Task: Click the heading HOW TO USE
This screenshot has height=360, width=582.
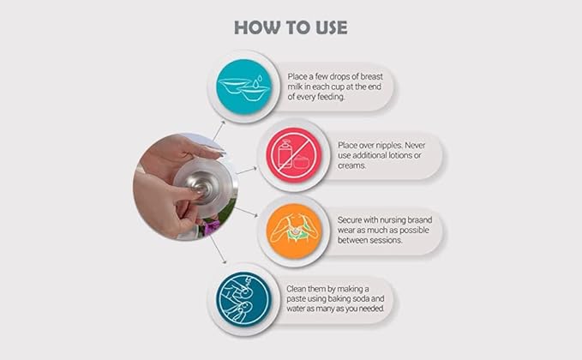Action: [x=291, y=27]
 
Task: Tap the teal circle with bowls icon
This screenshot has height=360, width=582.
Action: [x=244, y=87]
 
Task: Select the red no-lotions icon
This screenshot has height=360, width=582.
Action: [x=294, y=155]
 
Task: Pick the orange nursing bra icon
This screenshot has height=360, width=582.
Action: [x=294, y=231]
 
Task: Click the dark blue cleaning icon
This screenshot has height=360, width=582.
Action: [x=244, y=299]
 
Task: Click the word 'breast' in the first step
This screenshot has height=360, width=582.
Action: [x=371, y=76]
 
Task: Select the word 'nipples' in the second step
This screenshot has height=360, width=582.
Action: [x=389, y=146]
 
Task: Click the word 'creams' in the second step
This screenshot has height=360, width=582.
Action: [x=351, y=165]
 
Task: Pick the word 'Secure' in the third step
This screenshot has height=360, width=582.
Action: [x=349, y=220]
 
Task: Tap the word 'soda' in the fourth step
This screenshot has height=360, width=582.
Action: [x=360, y=299]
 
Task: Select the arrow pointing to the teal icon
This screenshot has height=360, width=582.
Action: [x=219, y=130]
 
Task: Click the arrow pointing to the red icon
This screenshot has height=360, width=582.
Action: [x=247, y=171]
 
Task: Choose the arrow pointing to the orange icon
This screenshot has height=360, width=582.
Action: [x=246, y=212]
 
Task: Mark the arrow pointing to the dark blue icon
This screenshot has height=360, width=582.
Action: [x=219, y=249]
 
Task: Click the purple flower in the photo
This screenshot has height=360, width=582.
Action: [x=212, y=227]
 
